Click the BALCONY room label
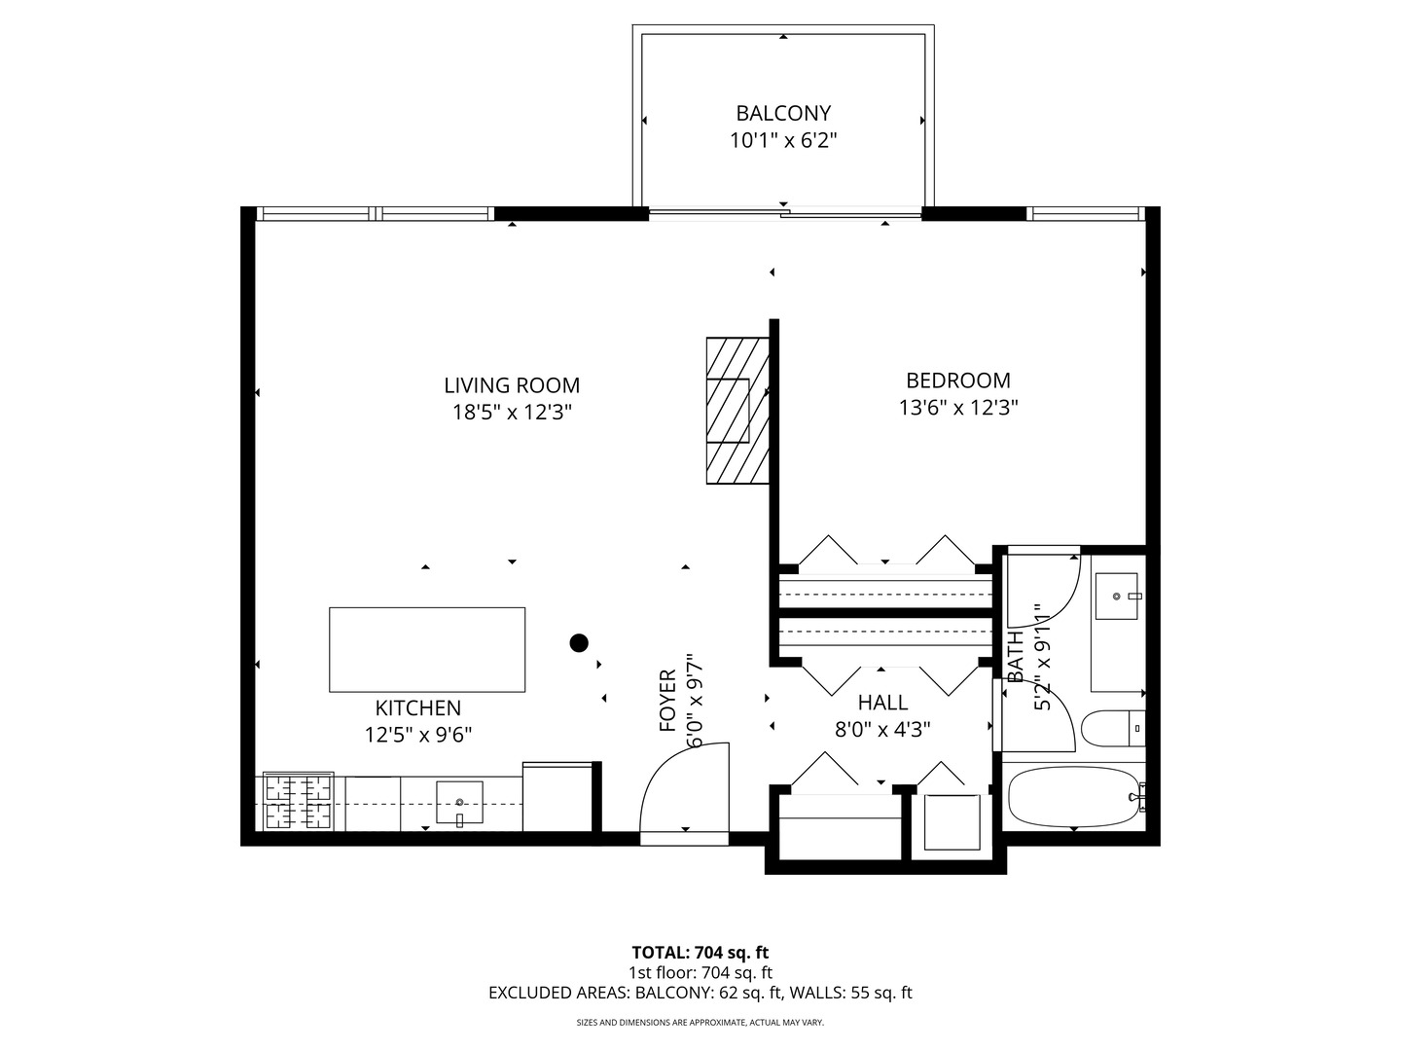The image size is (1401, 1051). pos(783,113)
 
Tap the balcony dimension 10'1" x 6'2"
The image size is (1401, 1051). pos(783,141)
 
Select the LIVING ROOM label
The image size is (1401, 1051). pos(512,385)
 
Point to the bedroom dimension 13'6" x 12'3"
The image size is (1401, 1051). pos(957,408)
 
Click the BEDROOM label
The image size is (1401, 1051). pos(957,381)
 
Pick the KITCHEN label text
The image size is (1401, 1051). pos(418,708)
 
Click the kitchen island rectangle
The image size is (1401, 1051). pos(427,649)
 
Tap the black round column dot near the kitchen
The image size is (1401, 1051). pos(579,642)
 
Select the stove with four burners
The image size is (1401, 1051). pos(299,802)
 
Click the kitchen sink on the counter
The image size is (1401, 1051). pos(459,801)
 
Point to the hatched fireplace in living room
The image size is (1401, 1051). pos(737,410)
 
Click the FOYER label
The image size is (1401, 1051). pos(667,701)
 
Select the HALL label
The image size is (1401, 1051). pos(882,703)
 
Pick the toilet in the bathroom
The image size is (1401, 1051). pos(1114,727)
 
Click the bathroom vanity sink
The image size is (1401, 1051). pos(1117,596)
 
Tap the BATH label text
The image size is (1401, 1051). pos(1016,657)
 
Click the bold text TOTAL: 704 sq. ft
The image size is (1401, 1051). pos(700,953)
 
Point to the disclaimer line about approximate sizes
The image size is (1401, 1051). pos(700,1023)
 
